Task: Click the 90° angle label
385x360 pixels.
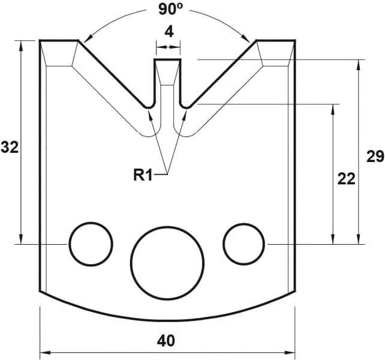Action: click(x=169, y=10)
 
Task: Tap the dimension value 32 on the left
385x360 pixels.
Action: click(x=10, y=147)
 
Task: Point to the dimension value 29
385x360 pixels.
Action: click(x=375, y=157)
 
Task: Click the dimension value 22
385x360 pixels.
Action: click(x=346, y=179)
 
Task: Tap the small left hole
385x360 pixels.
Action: click(x=91, y=244)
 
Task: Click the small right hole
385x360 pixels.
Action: click(x=244, y=244)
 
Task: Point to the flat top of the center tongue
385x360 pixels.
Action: click(x=168, y=59)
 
